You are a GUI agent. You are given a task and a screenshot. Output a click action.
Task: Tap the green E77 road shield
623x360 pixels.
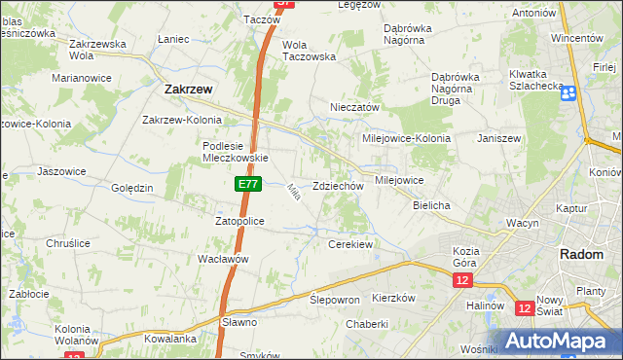click(246, 182)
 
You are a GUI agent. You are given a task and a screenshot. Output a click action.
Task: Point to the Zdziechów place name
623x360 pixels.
click(338, 186)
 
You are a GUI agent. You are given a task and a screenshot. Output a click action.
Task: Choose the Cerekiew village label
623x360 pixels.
click(351, 244)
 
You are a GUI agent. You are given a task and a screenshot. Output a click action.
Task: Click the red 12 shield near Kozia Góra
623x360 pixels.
click(461, 280)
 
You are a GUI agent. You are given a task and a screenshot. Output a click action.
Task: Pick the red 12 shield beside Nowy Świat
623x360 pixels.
click(525, 308)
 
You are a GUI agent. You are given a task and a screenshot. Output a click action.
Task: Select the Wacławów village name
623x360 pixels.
click(225, 259)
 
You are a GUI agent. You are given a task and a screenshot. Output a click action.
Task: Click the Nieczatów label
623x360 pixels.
click(354, 107)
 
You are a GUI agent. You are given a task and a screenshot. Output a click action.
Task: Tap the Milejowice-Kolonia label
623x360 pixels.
click(406, 138)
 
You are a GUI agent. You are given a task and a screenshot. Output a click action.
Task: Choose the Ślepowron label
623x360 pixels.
click(335, 300)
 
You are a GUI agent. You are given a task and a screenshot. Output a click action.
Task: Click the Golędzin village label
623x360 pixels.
click(132, 187)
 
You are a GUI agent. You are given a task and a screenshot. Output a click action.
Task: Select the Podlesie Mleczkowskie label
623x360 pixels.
click(234, 151)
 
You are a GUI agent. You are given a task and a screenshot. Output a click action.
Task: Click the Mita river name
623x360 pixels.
click(291, 195)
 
